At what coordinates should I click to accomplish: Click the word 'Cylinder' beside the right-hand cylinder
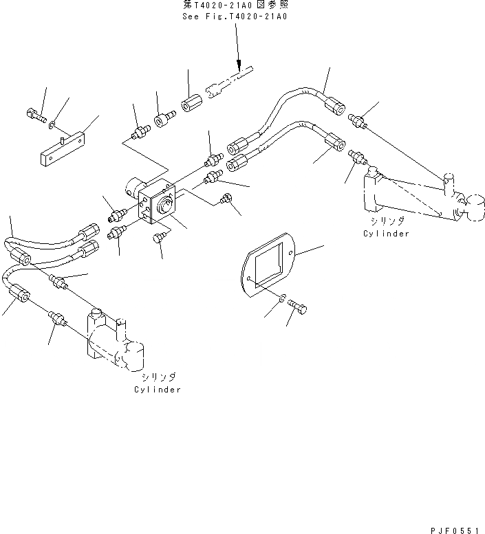click(386, 234)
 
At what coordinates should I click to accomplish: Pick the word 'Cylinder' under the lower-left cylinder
click(158, 389)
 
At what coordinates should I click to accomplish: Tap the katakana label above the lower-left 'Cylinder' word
click(159, 377)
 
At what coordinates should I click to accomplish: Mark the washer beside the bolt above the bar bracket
click(53, 124)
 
